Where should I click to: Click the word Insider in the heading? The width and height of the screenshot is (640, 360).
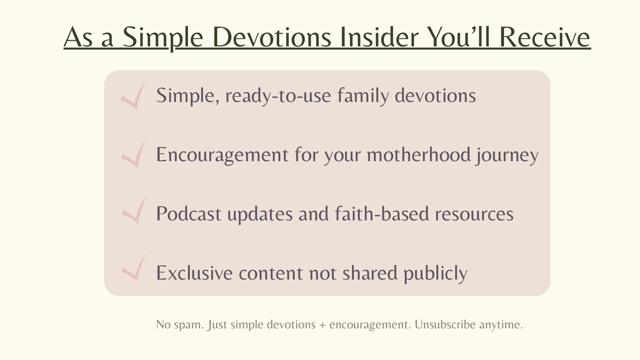pyautogui.click(x=380, y=37)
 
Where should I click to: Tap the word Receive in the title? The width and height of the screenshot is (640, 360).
pyautogui.click(x=546, y=37)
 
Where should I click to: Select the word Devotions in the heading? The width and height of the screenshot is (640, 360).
pyautogui.click(x=272, y=37)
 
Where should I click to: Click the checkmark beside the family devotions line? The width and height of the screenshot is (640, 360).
pyautogui.click(x=134, y=95)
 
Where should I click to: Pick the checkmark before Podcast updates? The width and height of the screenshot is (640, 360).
pyautogui.click(x=135, y=210)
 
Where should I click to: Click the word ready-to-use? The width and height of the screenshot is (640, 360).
pyautogui.click(x=278, y=96)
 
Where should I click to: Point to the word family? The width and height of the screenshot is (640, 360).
pyautogui.click(x=363, y=96)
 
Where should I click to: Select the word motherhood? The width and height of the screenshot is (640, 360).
pyautogui.click(x=418, y=154)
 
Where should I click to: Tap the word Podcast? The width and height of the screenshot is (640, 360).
pyautogui.click(x=189, y=214)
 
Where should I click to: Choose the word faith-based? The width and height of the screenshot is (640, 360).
pyautogui.click(x=382, y=213)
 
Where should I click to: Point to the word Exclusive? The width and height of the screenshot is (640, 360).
pyautogui.click(x=194, y=272)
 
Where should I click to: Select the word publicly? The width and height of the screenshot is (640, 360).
pyautogui.click(x=436, y=273)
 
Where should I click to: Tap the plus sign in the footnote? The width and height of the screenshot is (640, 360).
pyautogui.click(x=322, y=325)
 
